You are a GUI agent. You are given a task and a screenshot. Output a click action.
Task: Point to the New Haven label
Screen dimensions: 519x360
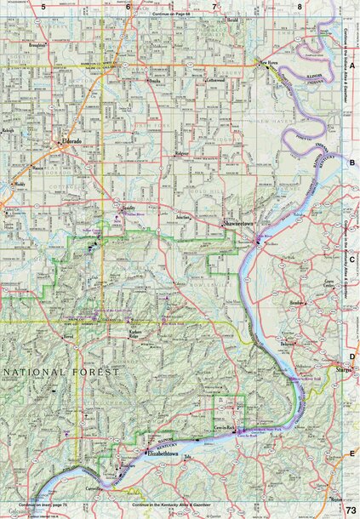pyautogui.click(x=271, y=63)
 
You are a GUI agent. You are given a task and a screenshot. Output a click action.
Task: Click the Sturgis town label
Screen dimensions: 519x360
pyautogui.click(x=344, y=372)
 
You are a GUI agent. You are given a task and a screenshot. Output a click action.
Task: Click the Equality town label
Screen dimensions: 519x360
pyautogui.click(x=129, y=207)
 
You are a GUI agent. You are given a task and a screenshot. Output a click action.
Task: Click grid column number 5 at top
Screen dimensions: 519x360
pyautogui.click(x=42, y=7)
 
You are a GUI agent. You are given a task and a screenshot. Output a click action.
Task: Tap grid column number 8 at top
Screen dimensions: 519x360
pyautogui.click(x=300, y=7)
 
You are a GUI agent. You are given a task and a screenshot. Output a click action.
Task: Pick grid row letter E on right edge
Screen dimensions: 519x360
pyautogui.click(x=351, y=454)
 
